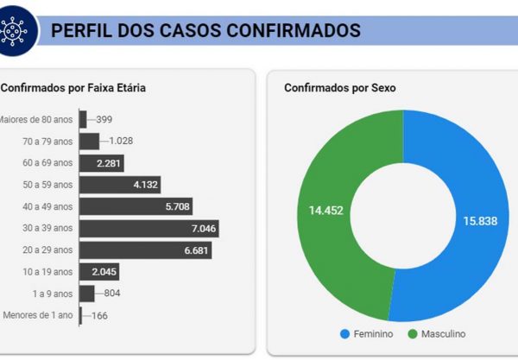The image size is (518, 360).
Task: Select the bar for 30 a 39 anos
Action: click(x=148, y=228)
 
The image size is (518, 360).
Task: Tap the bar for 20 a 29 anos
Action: click(x=145, y=249)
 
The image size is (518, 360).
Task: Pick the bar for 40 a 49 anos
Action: click(x=136, y=206)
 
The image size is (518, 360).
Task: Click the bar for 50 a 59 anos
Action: click(x=120, y=184)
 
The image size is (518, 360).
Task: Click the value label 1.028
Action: click(x=120, y=141)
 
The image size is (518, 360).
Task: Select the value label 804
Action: click(x=113, y=294)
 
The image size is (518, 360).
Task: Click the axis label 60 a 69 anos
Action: click(x=47, y=162)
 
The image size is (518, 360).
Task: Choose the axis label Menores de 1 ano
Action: click(x=37, y=315)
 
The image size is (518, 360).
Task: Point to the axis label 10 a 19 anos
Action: click(x=47, y=272)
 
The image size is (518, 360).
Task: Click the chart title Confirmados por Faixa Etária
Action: click(x=73, y=87)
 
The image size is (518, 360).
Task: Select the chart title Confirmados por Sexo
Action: click(x=339, y=87)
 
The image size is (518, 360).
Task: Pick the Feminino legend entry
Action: click(x=365, y=333)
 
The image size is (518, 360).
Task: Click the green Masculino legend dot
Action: click(x=413, y=333)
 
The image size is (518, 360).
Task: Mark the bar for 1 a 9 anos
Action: click(x=86, y=294)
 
